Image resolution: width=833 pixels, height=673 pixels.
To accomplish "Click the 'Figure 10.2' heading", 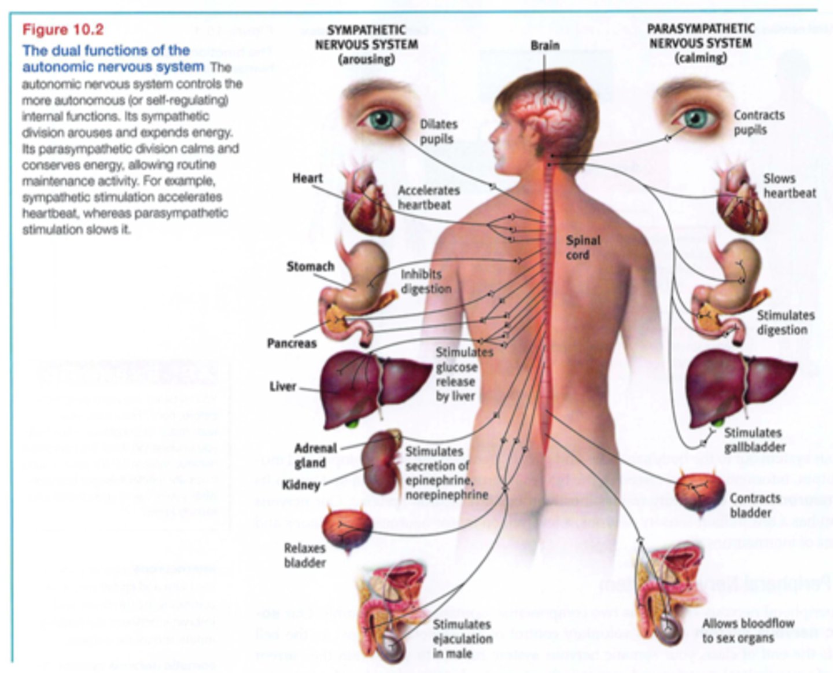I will coord(63,30).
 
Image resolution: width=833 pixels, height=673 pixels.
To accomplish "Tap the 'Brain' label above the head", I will coord(545,45).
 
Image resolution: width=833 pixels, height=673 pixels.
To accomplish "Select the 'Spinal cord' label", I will coord(583,248).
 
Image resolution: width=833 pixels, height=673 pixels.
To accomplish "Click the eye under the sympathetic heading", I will coord(380,119).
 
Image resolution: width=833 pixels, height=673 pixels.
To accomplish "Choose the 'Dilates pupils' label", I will coord(438,131).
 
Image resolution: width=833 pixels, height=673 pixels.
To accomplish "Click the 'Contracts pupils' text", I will coord(758,122).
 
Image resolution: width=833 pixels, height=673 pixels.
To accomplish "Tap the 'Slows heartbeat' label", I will coord(789,186).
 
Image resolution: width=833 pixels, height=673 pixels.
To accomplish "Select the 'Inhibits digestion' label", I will coord(426,281).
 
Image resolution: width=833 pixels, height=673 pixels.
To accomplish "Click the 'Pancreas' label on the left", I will coord(292,343).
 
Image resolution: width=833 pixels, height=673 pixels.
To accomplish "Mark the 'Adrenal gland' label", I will coord(315,455).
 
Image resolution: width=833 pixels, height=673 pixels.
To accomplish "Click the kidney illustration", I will coord(379,460).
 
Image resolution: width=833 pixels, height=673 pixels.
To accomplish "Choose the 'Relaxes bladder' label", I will coord(304,555).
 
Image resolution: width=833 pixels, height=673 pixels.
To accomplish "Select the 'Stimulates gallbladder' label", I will coord(754,440).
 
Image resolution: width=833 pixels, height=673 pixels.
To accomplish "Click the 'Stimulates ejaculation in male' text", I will coord(462,639).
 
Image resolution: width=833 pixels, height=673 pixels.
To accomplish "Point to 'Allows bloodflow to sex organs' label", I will coord(747,631).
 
